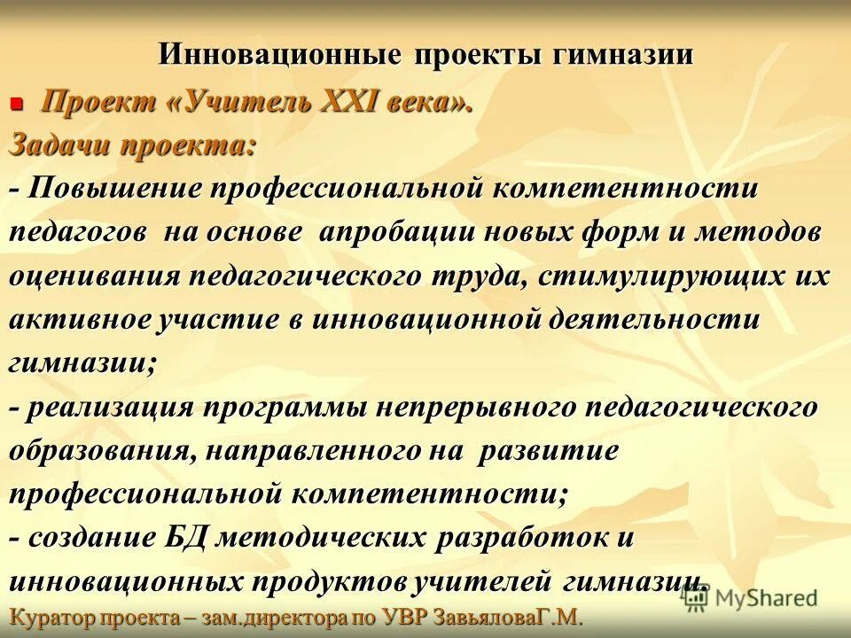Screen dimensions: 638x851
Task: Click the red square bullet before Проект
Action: [15, 105]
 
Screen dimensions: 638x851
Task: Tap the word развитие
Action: [547, 449]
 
